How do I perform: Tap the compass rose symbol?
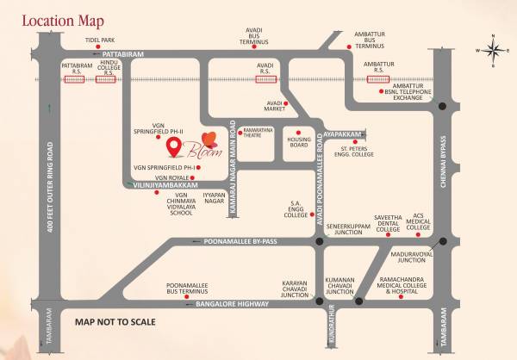tap(493, 50)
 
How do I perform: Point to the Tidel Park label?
tap(100, 40)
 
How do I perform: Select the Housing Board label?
tap(299, 142)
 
